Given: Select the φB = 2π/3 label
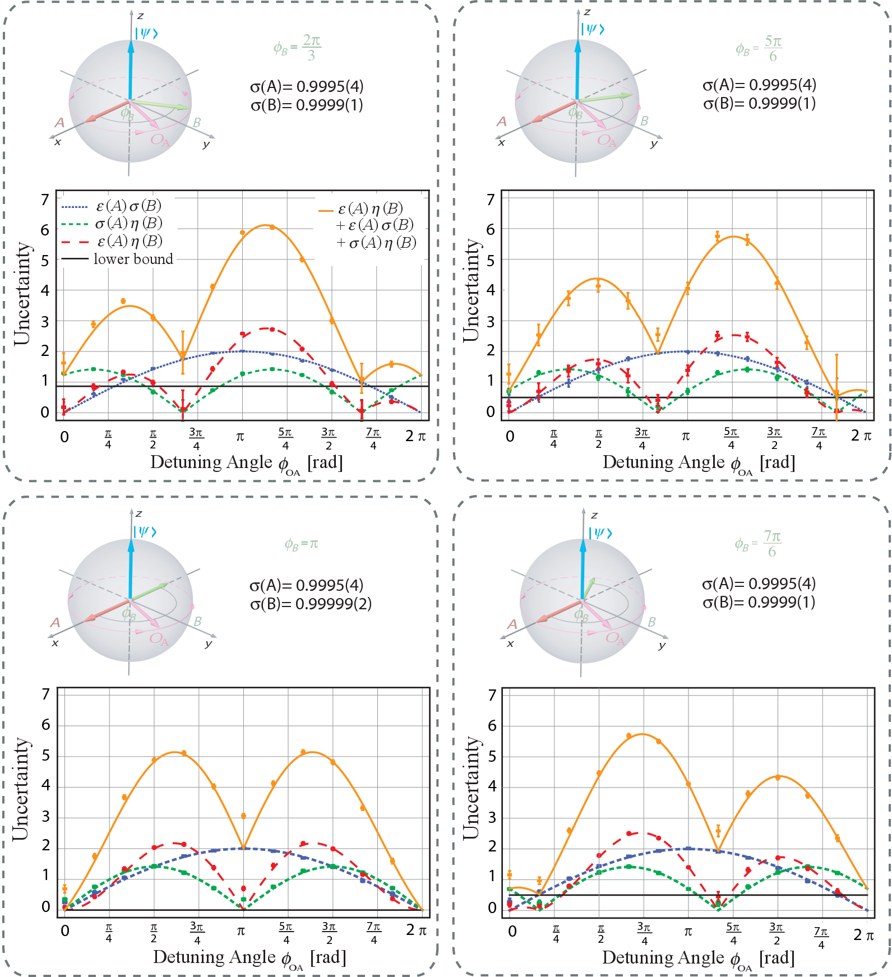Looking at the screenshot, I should (x=297, y=47).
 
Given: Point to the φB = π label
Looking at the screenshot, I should (x=301, y=544).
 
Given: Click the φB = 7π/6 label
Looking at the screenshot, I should (x=758, y=544).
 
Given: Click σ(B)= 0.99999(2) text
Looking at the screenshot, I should (x=311, y=604).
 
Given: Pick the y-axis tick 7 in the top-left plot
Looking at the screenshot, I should (x=45, y=200).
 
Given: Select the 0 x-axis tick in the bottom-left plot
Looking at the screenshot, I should (x=65, y=931).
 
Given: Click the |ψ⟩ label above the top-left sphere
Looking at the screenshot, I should (x=146, y=33).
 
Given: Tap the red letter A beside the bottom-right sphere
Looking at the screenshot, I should (x=512, y=624).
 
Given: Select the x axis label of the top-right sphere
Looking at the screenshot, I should (x=501, y=143).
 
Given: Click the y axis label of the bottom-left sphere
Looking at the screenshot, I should (x=209, y=643).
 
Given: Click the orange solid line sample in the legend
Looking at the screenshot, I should (x=326, y=211).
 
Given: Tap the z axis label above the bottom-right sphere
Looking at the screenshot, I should (x=594, y=515).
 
